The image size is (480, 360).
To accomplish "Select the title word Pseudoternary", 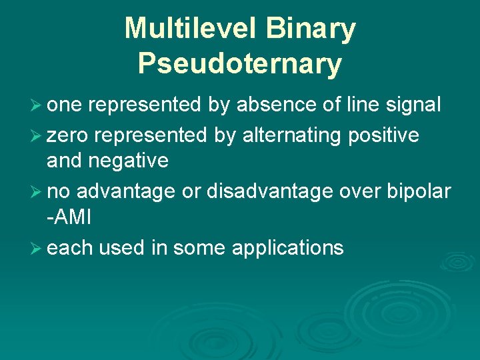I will pyautogui.click(x=240, y=64).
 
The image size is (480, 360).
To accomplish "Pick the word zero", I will pyautogui.click(x=68, y=135).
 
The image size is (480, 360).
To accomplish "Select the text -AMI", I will pyautogui.click(x=69, y=217).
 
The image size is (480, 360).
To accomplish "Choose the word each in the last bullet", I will pyautogui.click(x=70, y=248).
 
